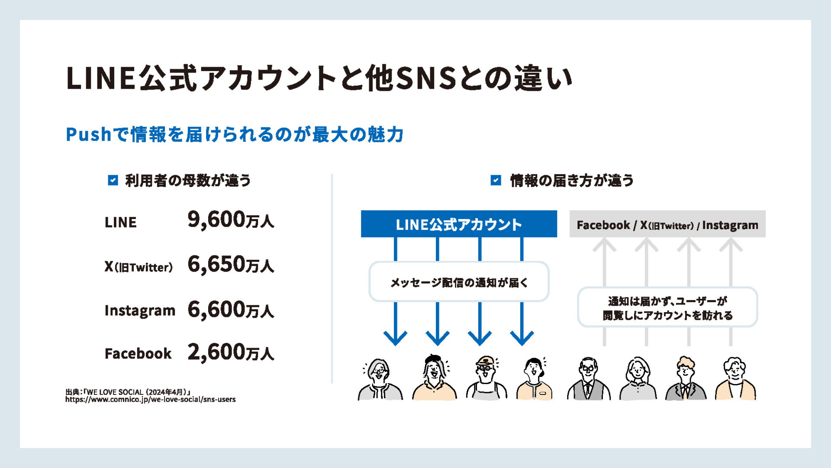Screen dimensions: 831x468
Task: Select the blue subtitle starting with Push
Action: point(235,134)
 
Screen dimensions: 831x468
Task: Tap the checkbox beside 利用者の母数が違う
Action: point(113,180)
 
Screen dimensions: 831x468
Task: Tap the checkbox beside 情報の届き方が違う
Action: point(496,180)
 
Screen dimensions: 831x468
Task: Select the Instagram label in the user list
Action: point(140,310)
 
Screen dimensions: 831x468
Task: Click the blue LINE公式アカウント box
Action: point(459,224)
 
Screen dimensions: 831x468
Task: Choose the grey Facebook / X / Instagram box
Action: point(667,224)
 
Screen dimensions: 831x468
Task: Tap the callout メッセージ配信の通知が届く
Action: point(459,282)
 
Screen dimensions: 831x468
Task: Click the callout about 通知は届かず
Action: point(667,307)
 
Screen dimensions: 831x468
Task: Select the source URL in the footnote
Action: point(151,400)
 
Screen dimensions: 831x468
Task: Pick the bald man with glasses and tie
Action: point(589,378)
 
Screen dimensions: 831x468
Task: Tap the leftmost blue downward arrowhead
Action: point(395,337)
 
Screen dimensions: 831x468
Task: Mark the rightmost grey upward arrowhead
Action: point(731,245)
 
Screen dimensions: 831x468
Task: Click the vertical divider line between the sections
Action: point(332,279)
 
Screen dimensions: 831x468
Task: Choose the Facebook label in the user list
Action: point(138,353)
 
